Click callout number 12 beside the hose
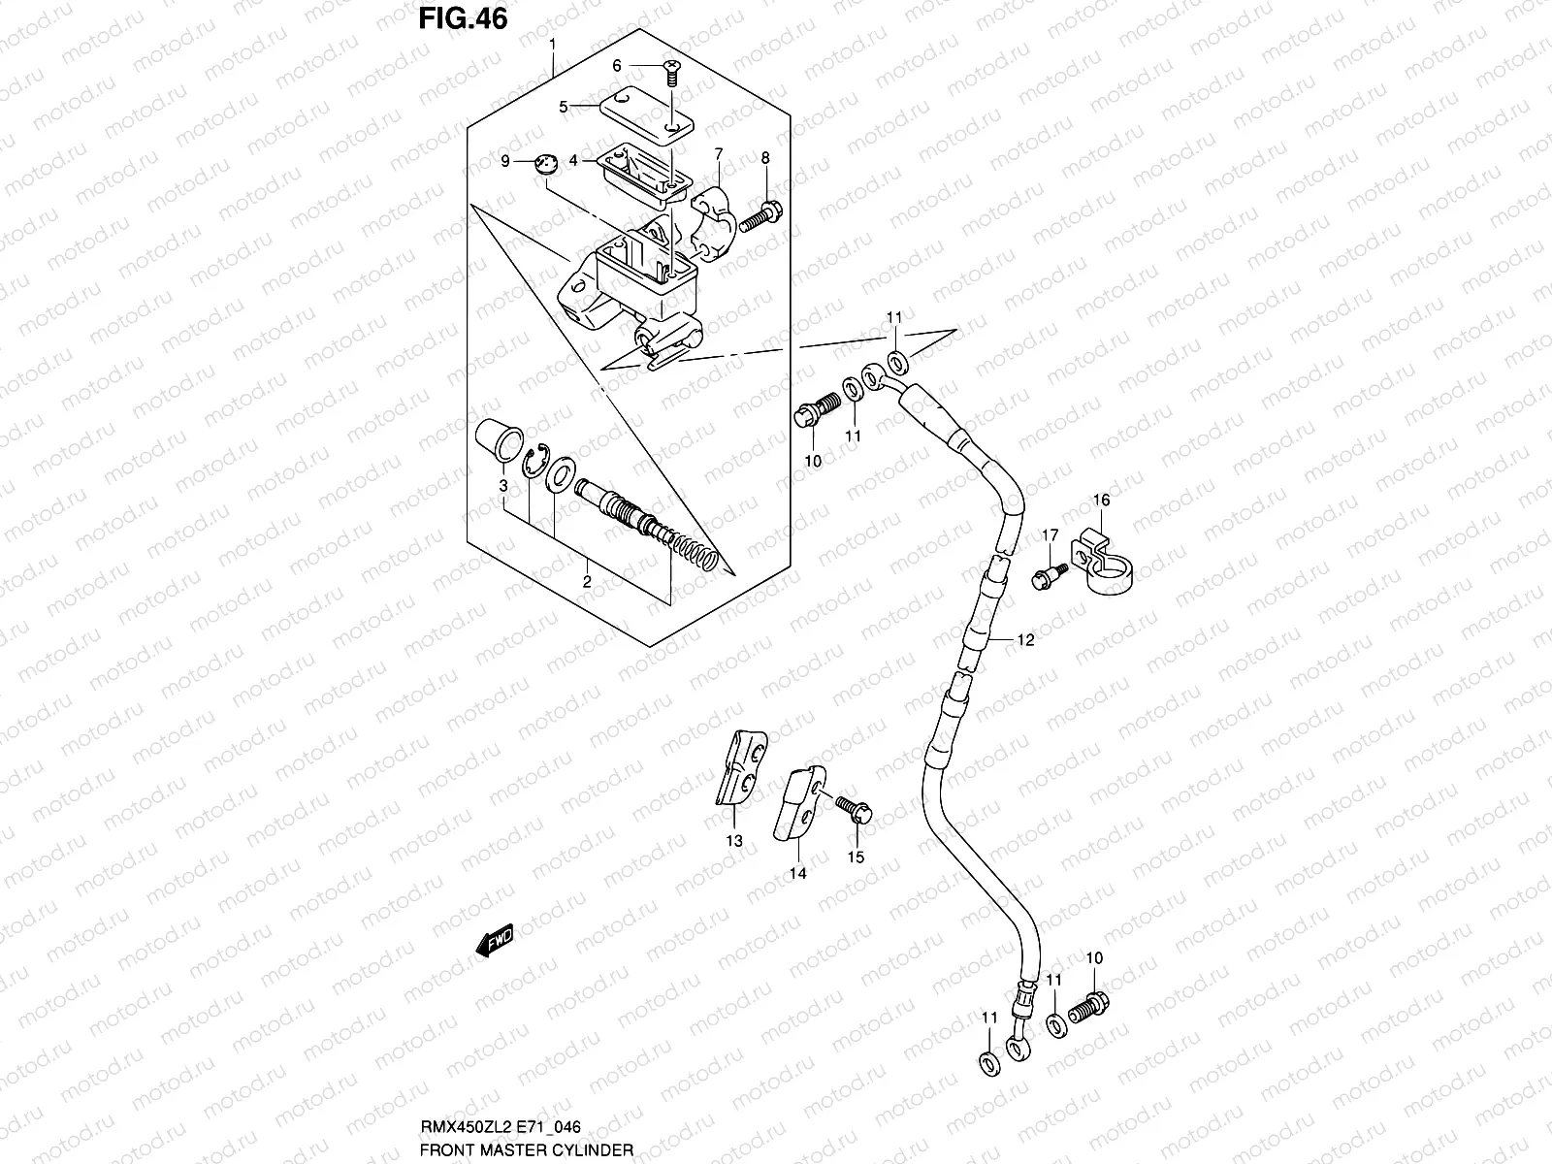point(1025,640)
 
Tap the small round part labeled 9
point(548,164)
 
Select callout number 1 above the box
point(552,45)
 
